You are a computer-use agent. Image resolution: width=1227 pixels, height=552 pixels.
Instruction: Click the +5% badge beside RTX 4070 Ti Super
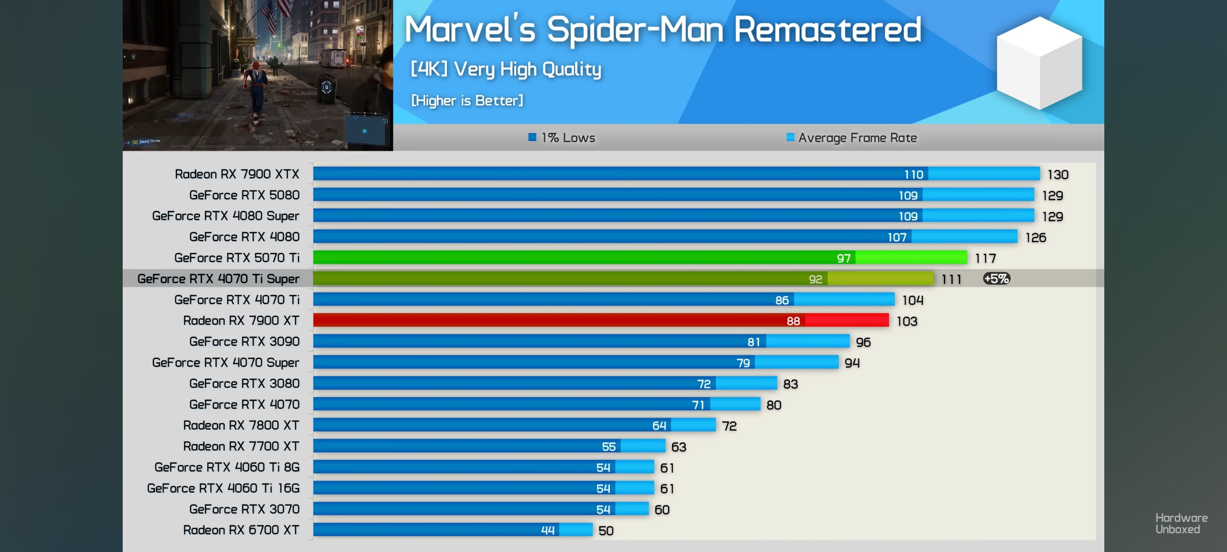click(x=996, y=279)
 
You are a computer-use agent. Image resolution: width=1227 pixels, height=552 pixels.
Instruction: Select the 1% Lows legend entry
click(x=562, y=137)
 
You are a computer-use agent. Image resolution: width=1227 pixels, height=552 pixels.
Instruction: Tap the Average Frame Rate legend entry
click(x=852, y=137)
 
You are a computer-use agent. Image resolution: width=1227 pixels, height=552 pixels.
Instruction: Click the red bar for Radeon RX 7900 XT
click(x=562, y=320)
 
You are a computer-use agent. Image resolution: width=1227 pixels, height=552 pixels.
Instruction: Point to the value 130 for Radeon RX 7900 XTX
click(x=1058, y=175)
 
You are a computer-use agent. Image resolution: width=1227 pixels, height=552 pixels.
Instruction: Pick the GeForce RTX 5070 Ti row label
click(x=237, y=258)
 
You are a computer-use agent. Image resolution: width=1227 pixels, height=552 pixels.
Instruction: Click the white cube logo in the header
click(x=1039, y=62)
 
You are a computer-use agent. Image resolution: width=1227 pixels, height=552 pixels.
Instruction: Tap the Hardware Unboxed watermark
click(x=1181, y=523)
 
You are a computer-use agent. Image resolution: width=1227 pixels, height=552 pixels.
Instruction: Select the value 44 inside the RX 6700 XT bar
click(x=548, y=531)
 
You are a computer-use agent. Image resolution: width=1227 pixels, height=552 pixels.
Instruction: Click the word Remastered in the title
click(x=827, y=29)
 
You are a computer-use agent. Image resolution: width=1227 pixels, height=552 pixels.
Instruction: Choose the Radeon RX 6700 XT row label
click(x=241, y=530)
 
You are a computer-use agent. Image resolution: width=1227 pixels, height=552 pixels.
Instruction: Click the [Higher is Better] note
click(x=467, y=101)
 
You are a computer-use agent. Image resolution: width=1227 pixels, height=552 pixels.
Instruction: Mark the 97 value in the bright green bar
click(x=844, y=258)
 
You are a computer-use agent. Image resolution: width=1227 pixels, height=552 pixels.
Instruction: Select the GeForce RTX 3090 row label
click(x=244, y=341)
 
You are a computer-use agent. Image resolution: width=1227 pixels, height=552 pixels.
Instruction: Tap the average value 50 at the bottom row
click(x=606, y=531)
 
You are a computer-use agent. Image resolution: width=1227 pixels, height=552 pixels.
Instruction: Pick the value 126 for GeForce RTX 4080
click(x=1035, y=238)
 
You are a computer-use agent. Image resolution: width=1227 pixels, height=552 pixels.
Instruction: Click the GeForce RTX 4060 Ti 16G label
click(x=223, y=488)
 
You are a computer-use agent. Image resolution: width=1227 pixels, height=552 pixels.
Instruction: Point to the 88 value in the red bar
click(x=793, y=321)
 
